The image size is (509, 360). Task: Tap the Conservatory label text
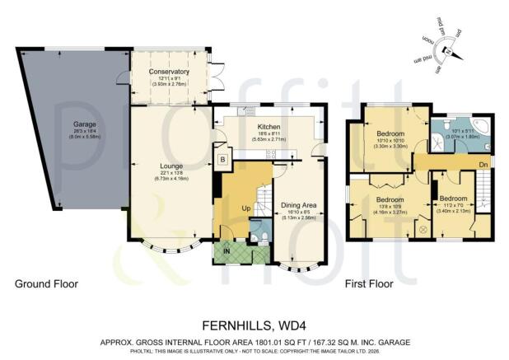(169, 72)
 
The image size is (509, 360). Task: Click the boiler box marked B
(222, 158)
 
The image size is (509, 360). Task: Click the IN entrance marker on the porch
(226, 250)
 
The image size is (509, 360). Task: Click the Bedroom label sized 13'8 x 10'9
(390, 199)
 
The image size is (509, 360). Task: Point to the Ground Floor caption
(46, 283)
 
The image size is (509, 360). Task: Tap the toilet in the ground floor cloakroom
(259, 239)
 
